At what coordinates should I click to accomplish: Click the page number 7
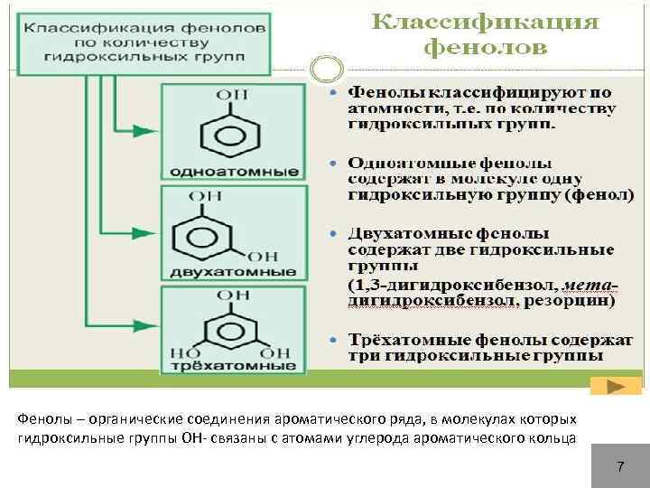tap(620, 466)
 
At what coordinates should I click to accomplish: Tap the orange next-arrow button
tap(615, 386)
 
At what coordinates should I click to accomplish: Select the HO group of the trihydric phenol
tap(188, 352)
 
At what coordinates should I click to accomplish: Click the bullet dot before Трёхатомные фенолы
tap(335, 340)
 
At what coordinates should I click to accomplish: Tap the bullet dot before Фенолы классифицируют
tap(335, 93)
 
